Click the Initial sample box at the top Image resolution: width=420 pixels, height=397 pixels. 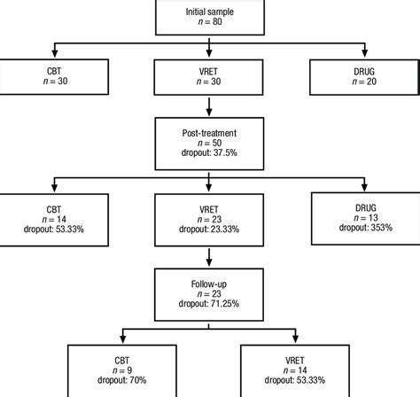click(x=209, y=15)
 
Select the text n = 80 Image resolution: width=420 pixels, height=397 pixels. click(x=209, y=21)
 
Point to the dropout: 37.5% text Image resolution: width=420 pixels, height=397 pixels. click(x=209, y=152)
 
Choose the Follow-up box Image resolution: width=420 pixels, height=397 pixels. click(x=209, y=288)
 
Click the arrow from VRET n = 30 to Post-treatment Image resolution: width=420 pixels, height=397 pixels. click(x=209, y=107)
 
